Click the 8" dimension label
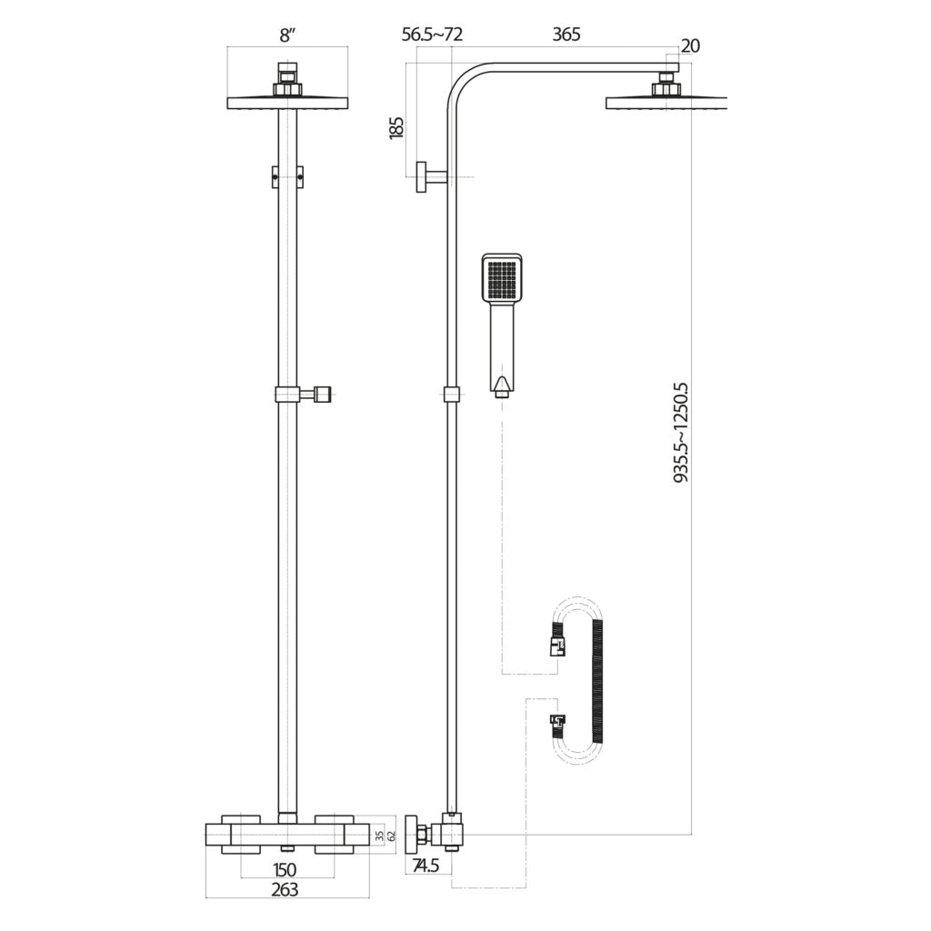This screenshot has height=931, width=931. tap(288, 35)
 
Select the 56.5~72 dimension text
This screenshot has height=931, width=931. tap(433, 35)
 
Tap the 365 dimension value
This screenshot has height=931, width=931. tap(566, 35)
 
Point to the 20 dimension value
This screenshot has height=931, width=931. tap(690, 46)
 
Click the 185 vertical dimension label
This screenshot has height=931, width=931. tap(395, 127)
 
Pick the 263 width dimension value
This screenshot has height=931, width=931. tap(285, 890)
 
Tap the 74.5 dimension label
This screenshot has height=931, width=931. tap(425, 866)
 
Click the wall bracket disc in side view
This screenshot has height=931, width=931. tap(422, 176)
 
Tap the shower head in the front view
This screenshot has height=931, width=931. tap(288, 100)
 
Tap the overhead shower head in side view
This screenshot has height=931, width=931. tap(668, 100)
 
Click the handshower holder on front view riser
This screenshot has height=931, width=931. tap(305, 395)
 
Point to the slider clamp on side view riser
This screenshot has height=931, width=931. tap(451, 395)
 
